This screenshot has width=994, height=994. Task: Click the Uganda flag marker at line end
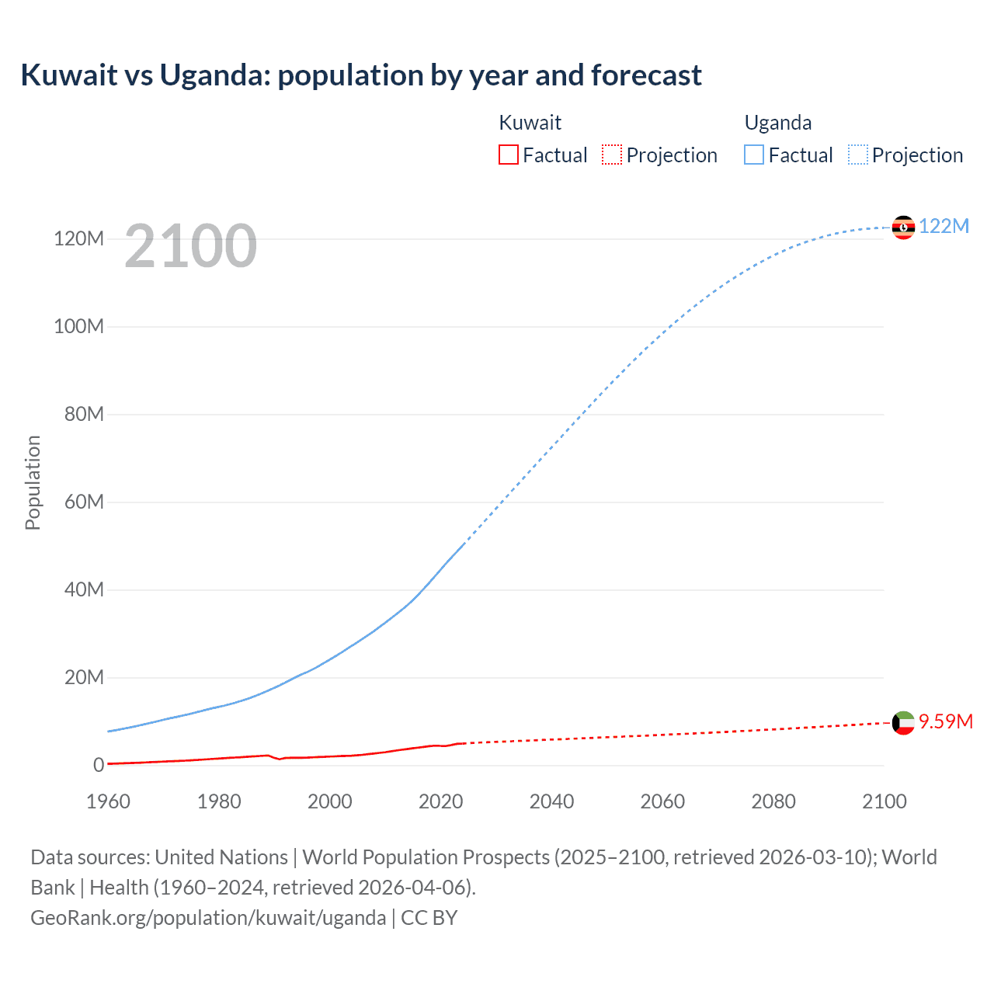(903, 228)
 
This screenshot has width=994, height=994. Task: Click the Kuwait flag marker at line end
(903, 723)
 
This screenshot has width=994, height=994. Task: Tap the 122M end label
(944, 226)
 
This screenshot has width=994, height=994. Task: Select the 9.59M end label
(945, 721)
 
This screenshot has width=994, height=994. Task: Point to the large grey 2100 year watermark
(190, 246)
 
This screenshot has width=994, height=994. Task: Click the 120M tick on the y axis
(78, 238)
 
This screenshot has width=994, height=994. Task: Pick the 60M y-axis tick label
(84, 502)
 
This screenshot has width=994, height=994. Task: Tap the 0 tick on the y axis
(99, 765)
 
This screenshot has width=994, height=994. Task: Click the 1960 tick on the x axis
(108, 801)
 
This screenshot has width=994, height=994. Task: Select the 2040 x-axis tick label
(551, 801)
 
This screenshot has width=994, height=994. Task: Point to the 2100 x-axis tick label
(884, 801)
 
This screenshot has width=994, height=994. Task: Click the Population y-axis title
(33, 482)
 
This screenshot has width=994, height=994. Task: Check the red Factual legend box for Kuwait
(508, 155)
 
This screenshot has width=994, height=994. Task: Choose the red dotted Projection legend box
(612, 155)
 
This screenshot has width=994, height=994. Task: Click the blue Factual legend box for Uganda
(754, 155)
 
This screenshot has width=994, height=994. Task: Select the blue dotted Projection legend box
(857, 155)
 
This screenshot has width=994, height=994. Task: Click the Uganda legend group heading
(777, 123)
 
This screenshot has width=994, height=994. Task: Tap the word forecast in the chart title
(646, 75)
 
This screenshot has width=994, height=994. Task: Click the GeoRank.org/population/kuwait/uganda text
(208, 918)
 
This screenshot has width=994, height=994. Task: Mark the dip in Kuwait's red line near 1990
(280, 759)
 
